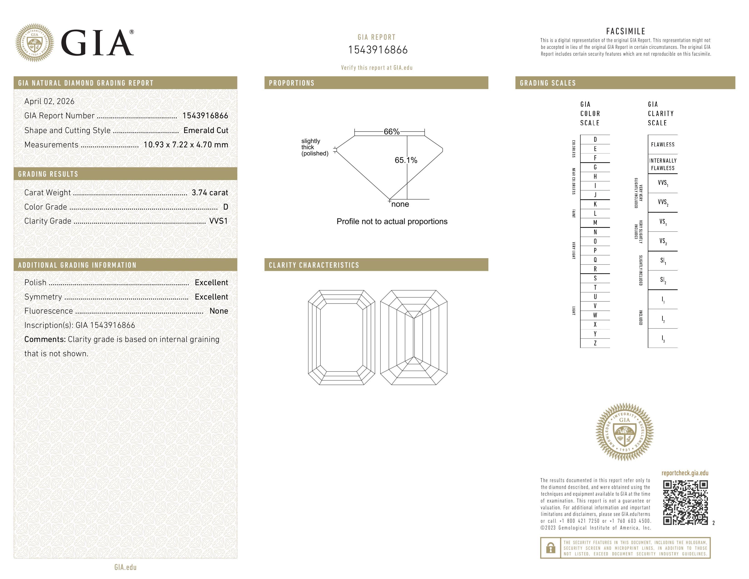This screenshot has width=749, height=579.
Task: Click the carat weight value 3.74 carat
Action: (209, 193)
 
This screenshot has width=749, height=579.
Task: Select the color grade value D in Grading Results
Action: (225, 207)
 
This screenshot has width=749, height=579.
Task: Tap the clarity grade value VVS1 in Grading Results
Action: (218, 221)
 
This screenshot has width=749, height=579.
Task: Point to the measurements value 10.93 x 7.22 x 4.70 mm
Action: (185, 145)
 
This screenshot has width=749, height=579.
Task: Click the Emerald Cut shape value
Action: (206, 130)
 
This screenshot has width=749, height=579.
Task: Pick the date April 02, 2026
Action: (49, 101)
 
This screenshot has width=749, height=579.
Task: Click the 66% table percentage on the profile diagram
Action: (391, 132)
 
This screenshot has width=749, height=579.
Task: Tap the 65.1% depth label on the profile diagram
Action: (406, 160)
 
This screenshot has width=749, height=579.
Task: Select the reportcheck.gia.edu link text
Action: (685, 473)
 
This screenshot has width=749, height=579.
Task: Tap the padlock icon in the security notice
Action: (550, 548)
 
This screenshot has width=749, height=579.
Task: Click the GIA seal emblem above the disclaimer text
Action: (625, 432)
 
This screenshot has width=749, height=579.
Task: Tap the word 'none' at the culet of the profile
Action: (400, 204)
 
